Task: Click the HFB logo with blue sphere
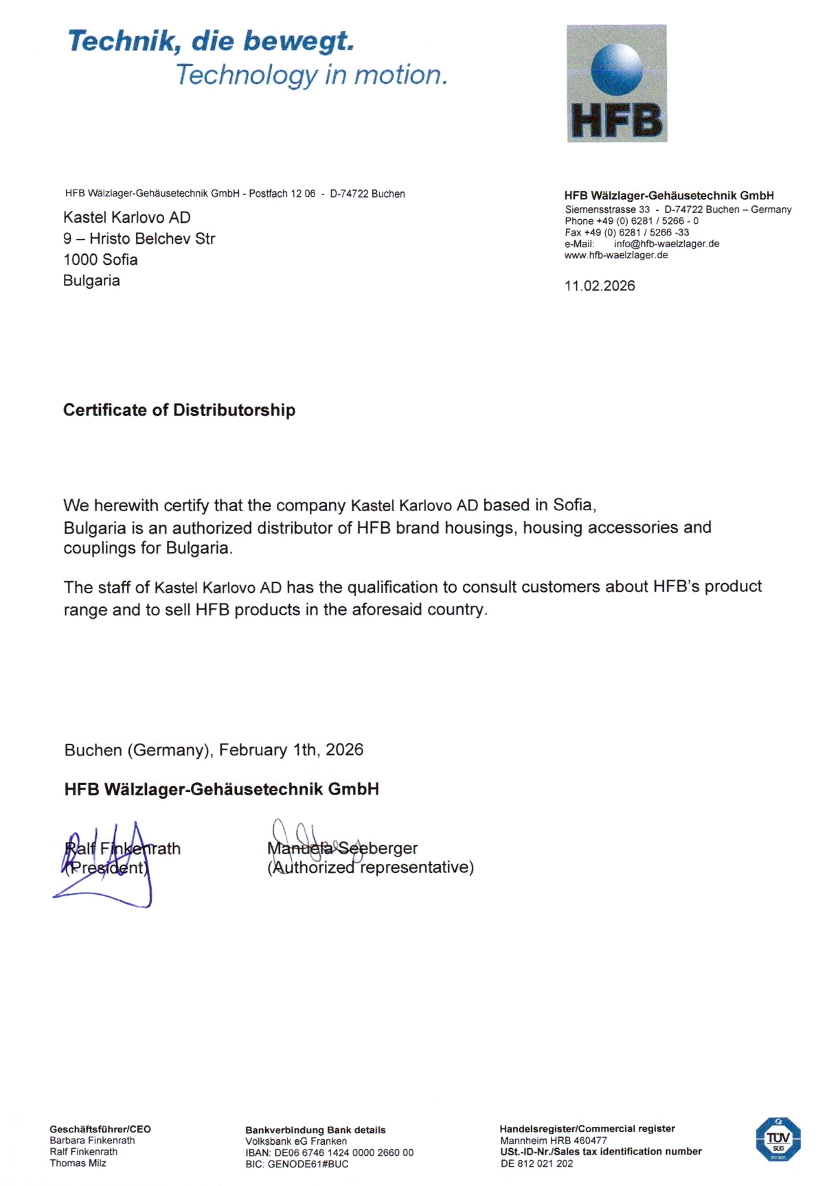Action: (616, 84)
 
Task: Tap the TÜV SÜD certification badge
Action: (777, 1140)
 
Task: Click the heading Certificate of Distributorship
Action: (179, 410)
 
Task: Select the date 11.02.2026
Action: (600, 286)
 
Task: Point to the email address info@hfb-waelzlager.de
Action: (666, 244)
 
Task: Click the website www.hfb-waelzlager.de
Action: (616, 255)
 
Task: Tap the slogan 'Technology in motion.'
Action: (311, 75)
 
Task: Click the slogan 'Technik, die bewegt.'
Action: (211, 41)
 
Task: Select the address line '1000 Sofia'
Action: (100, 260)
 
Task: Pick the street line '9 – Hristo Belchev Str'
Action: (139, 238)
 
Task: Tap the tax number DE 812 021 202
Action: (536, 1163)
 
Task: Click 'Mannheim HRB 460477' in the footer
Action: (553, 1141)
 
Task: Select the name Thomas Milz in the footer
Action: (78, 1163)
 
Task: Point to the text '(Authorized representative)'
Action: (370, 867)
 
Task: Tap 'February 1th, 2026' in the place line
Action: (291, 750)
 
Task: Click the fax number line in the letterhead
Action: (626, 233)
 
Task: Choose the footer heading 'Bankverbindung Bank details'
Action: (315, 1130)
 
